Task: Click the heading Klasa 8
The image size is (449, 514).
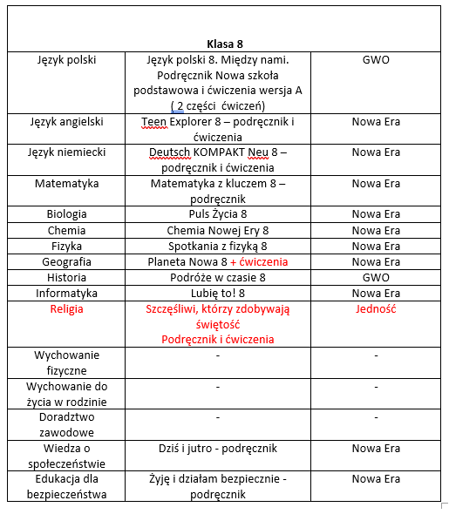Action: click(x=224, y=44)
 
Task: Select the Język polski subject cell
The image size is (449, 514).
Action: click(x=67, y=60)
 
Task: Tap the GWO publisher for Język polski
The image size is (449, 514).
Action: click(x=376, y=60)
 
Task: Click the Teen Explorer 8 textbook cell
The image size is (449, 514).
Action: click(x=218, y=129)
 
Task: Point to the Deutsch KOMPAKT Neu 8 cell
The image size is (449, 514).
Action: click(x=218, y=159)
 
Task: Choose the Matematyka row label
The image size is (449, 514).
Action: click(x=67, y=184)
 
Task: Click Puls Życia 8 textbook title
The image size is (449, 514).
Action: click(x=218, y=213)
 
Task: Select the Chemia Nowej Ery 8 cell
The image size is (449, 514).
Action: click(x=218, y=231)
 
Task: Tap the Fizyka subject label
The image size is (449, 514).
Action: click(x=67, y=247)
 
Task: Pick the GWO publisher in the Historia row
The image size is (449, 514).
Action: click(x=376, y=277)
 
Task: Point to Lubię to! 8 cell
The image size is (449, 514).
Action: click(x=218, y=294)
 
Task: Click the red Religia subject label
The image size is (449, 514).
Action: click(x=67, y=309)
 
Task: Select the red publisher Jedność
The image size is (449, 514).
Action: click(x=376, y=309)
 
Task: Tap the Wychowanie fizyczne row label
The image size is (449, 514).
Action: click(x=67, y=362)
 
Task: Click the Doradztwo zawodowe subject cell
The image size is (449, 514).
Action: click(x=67, y=424)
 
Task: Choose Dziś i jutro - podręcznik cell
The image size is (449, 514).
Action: click(x=218, y=449)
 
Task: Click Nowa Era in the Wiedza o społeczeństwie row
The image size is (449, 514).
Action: click(x=376, y=449)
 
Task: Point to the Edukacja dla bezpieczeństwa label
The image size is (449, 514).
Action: click(x=67, y=486)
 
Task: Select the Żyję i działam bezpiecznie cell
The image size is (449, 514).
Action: click(x=218, y=486)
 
